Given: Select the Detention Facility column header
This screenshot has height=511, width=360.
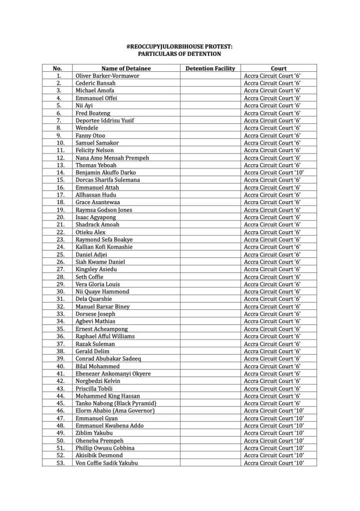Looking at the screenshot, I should [x=210, y=68].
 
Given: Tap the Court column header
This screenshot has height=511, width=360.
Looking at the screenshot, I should [x=278, y=68].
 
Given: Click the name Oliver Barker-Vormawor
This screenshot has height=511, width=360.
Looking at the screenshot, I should [x=107, y=75].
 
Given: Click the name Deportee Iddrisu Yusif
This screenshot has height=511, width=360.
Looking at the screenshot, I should [x=105, y=120].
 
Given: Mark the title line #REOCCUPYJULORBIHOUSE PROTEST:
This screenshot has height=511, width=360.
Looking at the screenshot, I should [x=180, y=46].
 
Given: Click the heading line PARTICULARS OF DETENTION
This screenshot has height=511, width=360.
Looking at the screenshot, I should [x=180, y=53].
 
